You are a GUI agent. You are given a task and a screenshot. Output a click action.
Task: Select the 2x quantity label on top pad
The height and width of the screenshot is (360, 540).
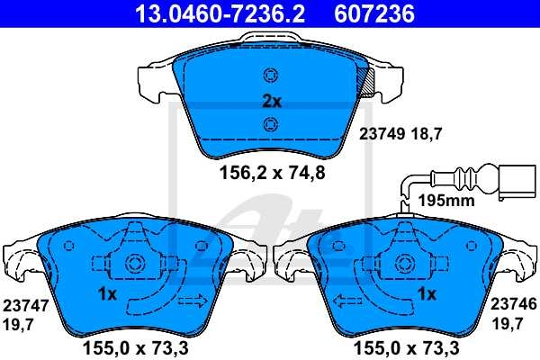[x=271, y=102]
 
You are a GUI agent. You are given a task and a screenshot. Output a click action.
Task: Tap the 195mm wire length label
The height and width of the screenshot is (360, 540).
[x=447, y=201]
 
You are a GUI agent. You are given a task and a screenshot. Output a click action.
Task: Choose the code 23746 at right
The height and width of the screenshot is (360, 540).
[x=513, y=305]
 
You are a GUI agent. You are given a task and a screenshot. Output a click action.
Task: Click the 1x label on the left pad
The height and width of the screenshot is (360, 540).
[x=106, y=294]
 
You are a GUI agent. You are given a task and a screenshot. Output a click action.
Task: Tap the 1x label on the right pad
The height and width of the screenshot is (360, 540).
[x=427, y=294]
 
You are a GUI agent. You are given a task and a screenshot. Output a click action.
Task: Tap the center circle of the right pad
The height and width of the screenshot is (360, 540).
[x=402, y=265]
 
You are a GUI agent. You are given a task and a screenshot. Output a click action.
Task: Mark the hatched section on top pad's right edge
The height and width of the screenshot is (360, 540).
[x=366, y=83]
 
